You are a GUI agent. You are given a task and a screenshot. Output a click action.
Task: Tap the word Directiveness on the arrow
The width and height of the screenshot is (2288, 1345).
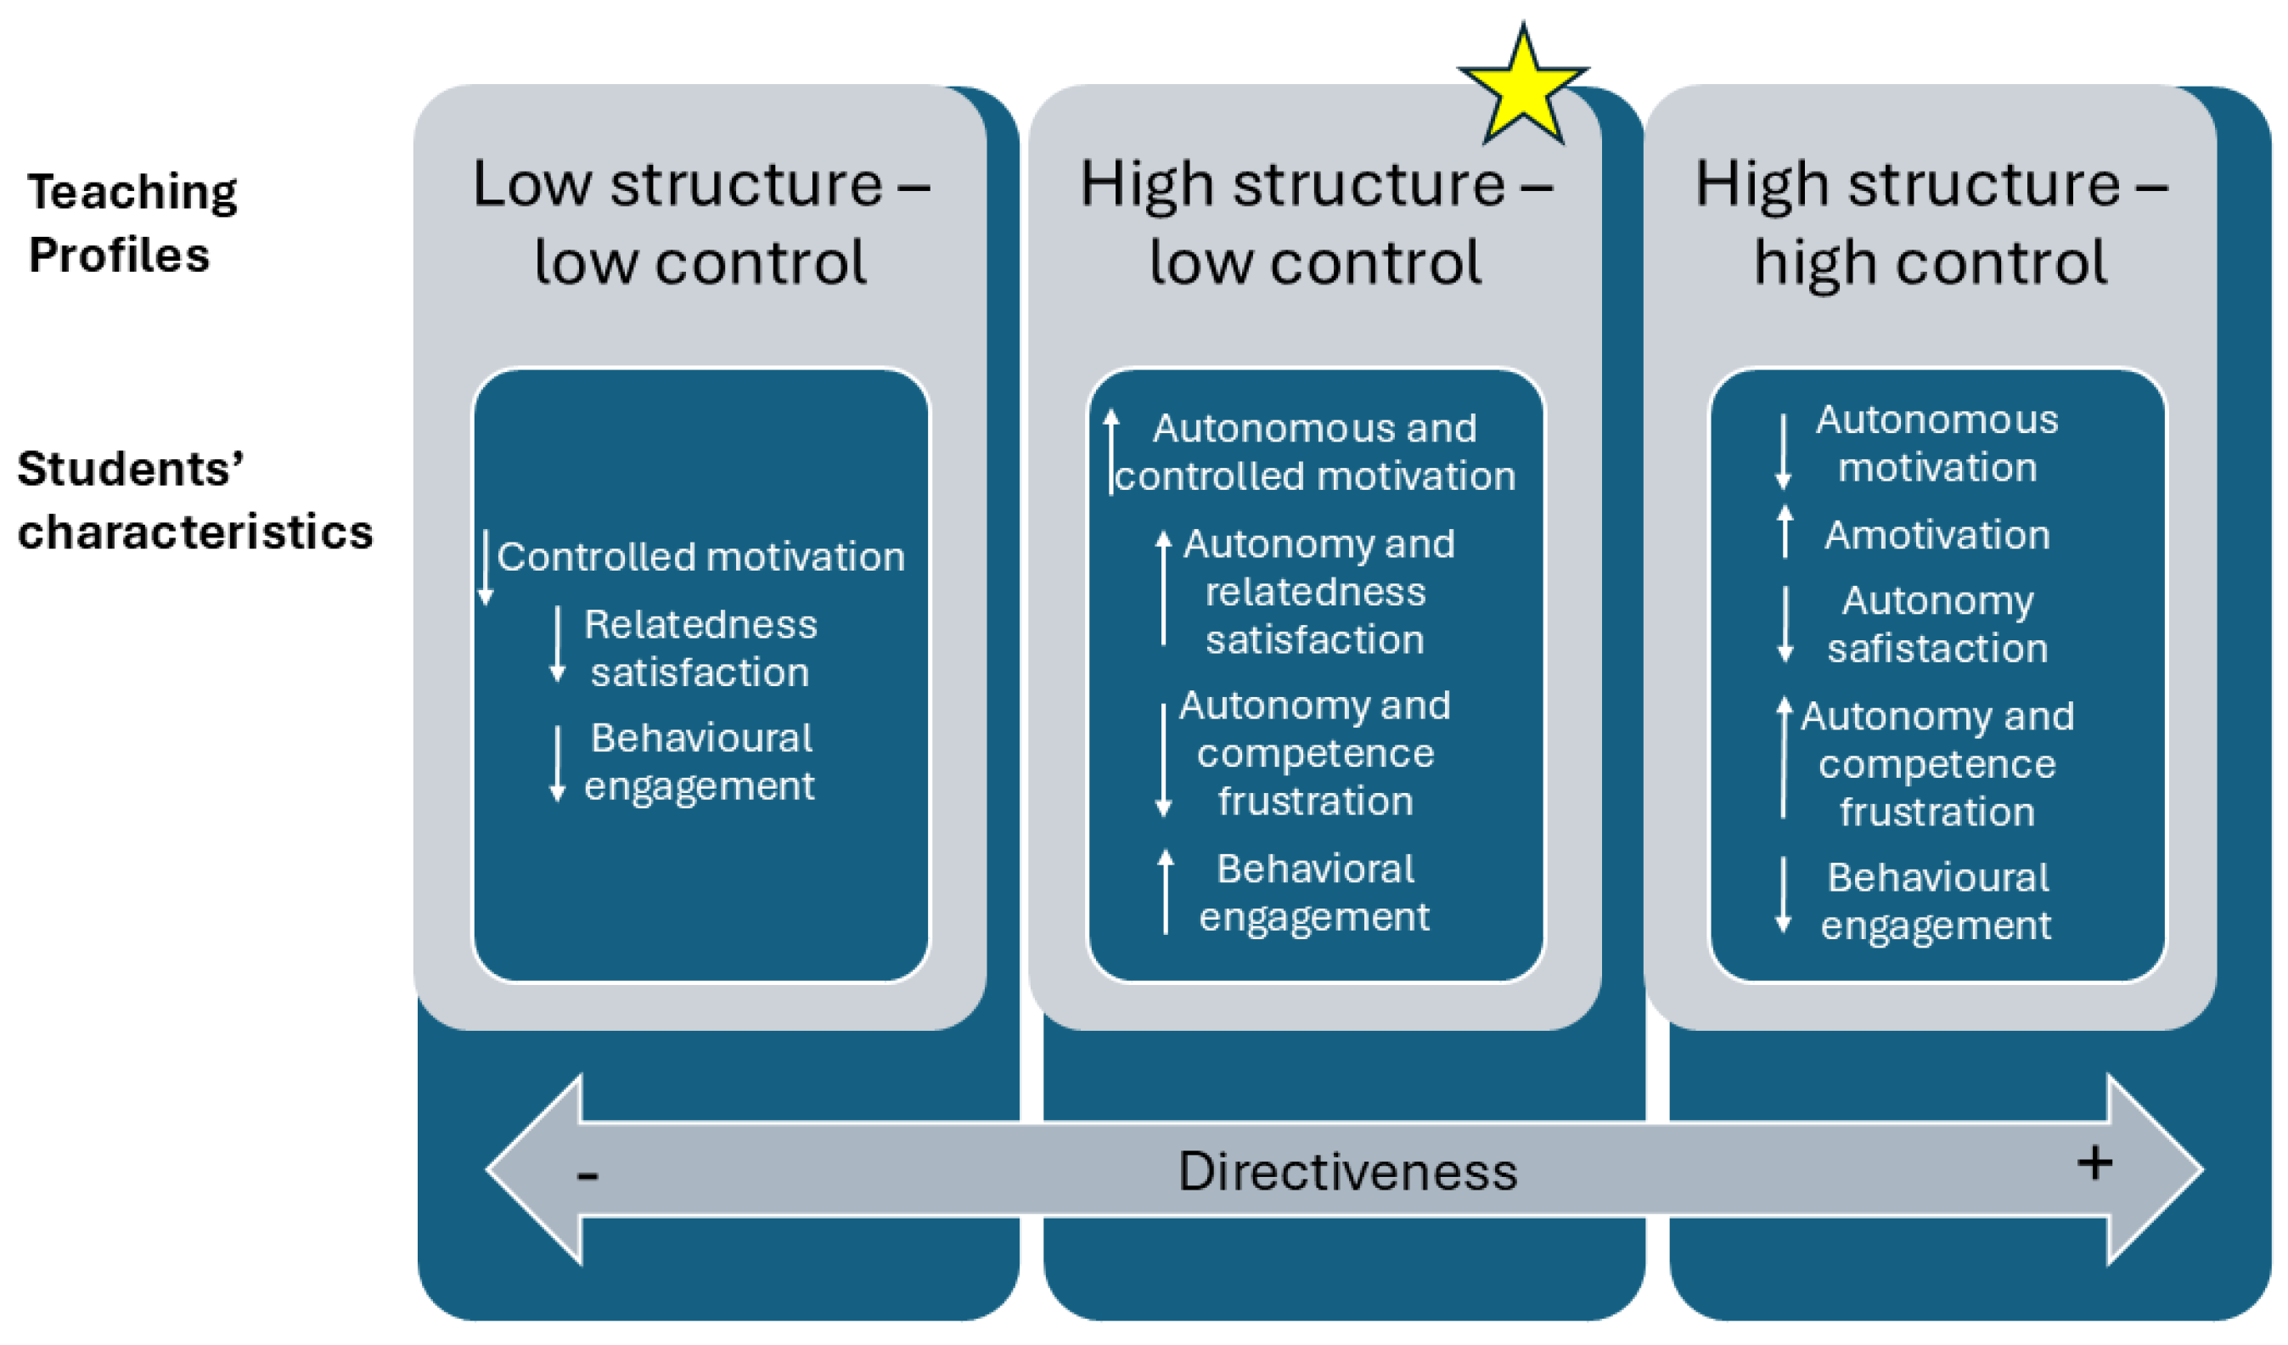coord(1346,1172)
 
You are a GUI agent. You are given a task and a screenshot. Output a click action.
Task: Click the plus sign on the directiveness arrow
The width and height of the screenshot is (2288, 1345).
coord(2094,1163)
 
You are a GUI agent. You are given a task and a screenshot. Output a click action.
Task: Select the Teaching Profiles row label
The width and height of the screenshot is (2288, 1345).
coord(132,222)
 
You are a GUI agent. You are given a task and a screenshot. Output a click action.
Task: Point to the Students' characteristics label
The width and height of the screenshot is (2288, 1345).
coord(194,500)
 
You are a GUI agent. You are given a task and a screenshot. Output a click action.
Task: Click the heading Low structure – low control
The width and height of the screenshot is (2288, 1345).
coord(700,222)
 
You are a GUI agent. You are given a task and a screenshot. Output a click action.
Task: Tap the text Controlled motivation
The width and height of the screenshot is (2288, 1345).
coord(700,557)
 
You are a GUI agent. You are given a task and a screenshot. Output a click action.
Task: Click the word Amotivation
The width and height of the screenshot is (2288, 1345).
coord(1937,535)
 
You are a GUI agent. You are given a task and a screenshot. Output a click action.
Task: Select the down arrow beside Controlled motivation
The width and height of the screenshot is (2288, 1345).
coord(486,567)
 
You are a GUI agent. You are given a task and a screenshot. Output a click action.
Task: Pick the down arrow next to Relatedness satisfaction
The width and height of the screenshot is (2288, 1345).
coord(558,644)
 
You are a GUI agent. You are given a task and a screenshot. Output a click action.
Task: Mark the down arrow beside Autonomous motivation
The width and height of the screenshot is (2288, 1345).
coord(1782,452)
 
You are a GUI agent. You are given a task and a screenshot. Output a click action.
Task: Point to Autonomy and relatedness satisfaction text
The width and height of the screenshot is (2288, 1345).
coord(1317,592)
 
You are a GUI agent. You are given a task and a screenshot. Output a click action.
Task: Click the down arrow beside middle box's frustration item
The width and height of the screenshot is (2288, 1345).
coord(1163,761)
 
